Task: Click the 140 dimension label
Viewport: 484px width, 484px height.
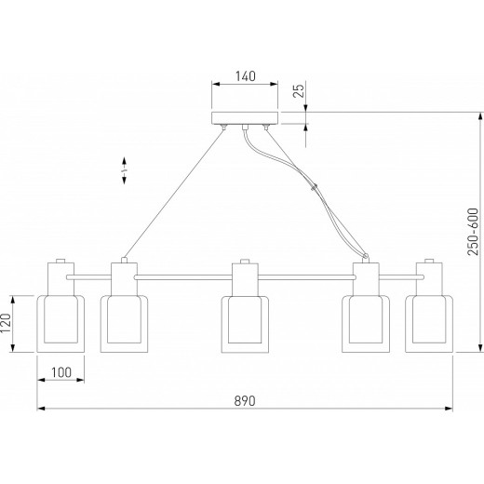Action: pyautogui.click(x=246, y=76)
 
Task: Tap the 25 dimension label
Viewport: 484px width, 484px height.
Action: pyautogui.click(x=299, y=91)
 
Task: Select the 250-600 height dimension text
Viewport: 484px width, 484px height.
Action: pyautogui.click(x=473, y=232)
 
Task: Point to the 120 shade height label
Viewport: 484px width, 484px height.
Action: pyautogui.click(x=6, y=323)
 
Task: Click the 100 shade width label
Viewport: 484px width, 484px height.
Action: pyautogui.click(x=61, y=372)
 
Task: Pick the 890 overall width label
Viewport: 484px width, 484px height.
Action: pyautogui.click(x=245, y=401)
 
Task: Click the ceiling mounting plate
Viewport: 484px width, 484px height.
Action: pyautogui.click(x=245, y=118)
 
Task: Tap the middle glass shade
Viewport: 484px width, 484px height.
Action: pyautogui.click(x=245, y=324)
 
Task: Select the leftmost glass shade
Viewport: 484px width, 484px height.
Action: pyautogui.click(x=60, y=324)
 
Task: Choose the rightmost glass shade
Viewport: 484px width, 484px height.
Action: pyautogui.click(x=429, y=324)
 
